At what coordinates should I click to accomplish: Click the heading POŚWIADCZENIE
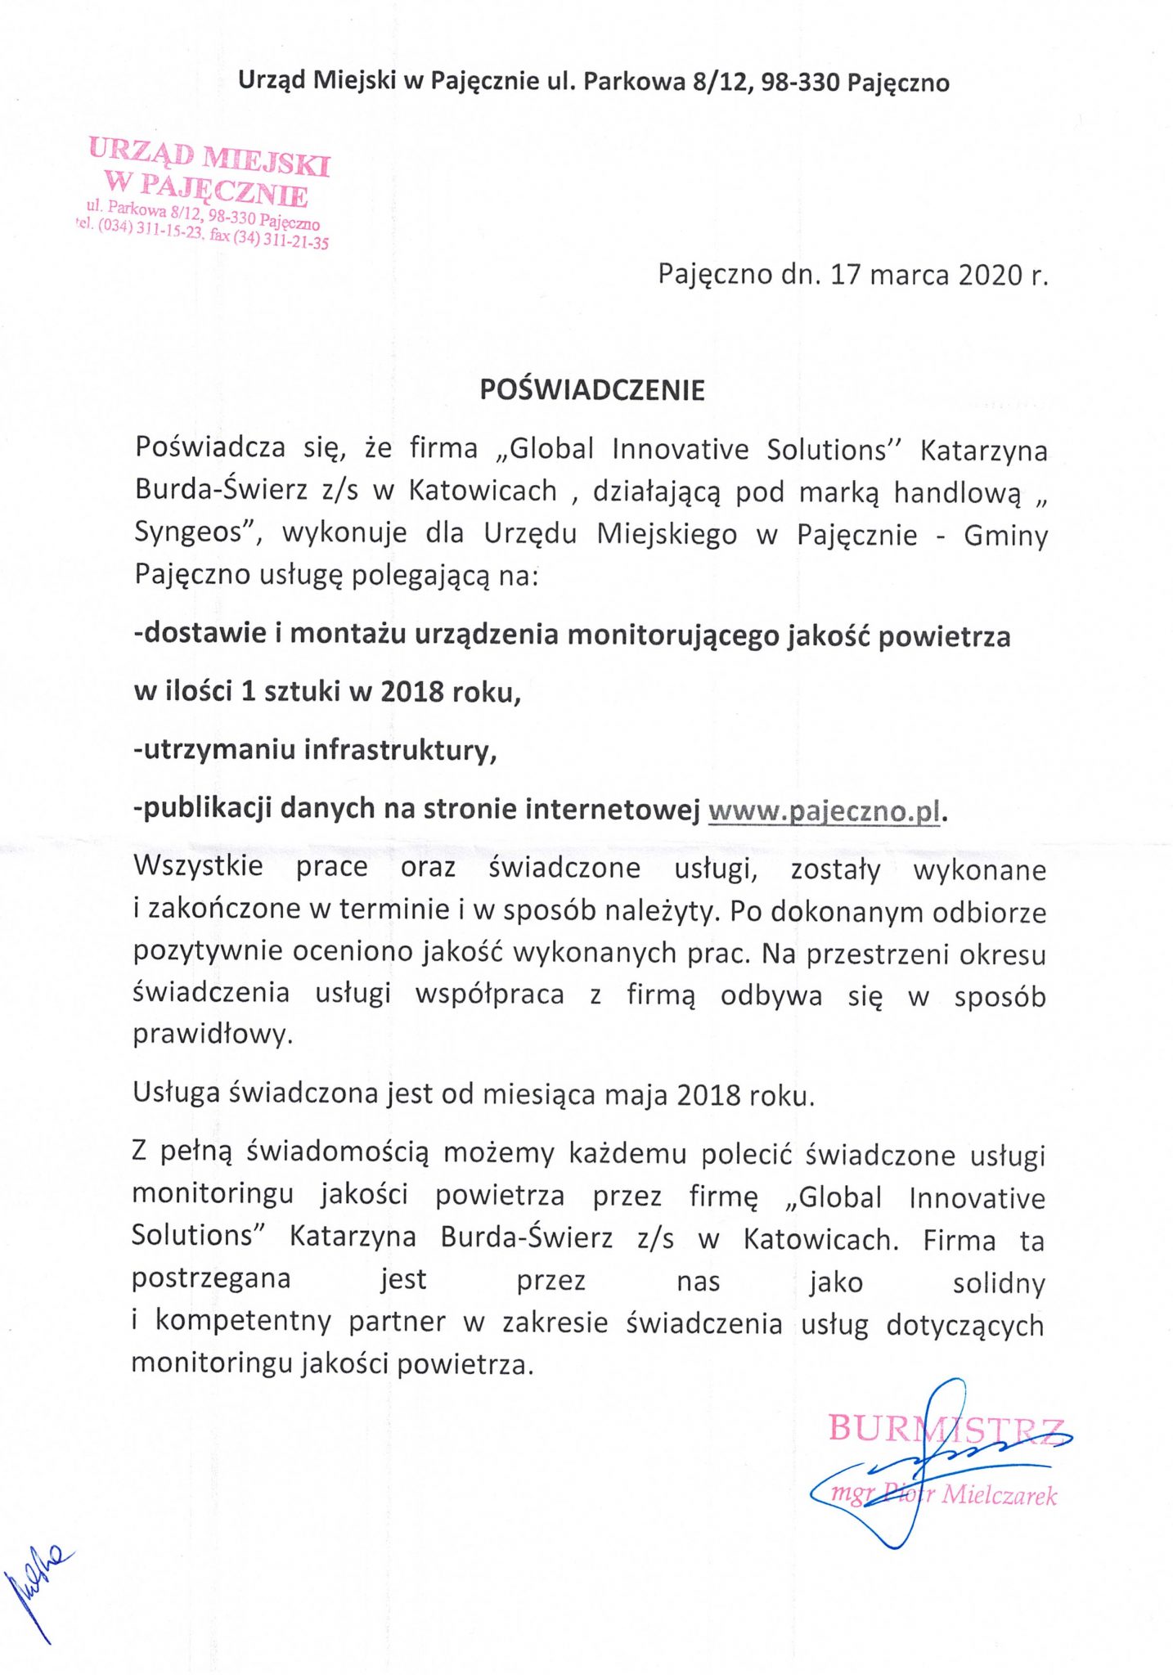point(591,390)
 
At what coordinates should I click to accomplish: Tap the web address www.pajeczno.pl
point(825,811)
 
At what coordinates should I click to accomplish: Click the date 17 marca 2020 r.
point(938,275)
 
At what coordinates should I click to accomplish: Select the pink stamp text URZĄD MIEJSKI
point(209,157)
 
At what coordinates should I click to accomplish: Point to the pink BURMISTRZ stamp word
point(946,1429)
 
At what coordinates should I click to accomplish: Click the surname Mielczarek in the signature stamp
point(999,1496)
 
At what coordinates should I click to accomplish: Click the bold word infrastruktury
point(399,750)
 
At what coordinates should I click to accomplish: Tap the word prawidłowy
point(212,1035)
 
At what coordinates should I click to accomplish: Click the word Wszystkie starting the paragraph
point(198,866)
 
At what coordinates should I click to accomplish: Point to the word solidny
point(998,1282)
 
